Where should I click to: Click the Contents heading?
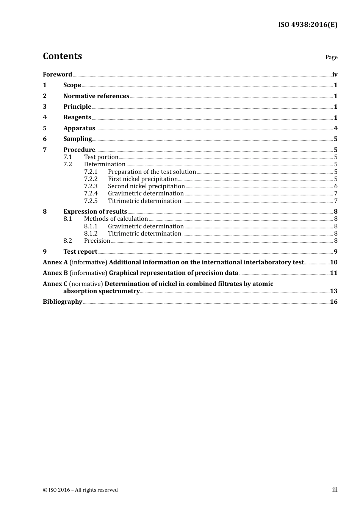[62, 56]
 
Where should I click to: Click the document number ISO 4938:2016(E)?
[308, 25]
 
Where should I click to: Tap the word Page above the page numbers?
[331, 57]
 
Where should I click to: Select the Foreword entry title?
[57, 75]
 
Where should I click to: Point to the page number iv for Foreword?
[335, 75]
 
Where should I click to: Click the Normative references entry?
[96, 96]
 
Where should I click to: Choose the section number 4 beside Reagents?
[45, 117]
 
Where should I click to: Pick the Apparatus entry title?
[79, 128]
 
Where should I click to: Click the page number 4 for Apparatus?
[335, 128]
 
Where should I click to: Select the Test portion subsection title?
[101, 157]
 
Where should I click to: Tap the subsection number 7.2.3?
[91, 186]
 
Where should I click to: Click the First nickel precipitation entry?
[142, 179]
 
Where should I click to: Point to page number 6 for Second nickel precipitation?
[336, 186]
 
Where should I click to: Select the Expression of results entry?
[95, 212]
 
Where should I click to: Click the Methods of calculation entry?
[116, 219]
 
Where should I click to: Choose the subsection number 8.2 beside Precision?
[67, 241]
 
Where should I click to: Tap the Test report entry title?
[80, 252]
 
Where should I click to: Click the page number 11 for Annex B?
[333, 273]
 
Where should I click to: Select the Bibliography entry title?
[63, 302]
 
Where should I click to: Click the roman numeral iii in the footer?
[335, 490]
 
